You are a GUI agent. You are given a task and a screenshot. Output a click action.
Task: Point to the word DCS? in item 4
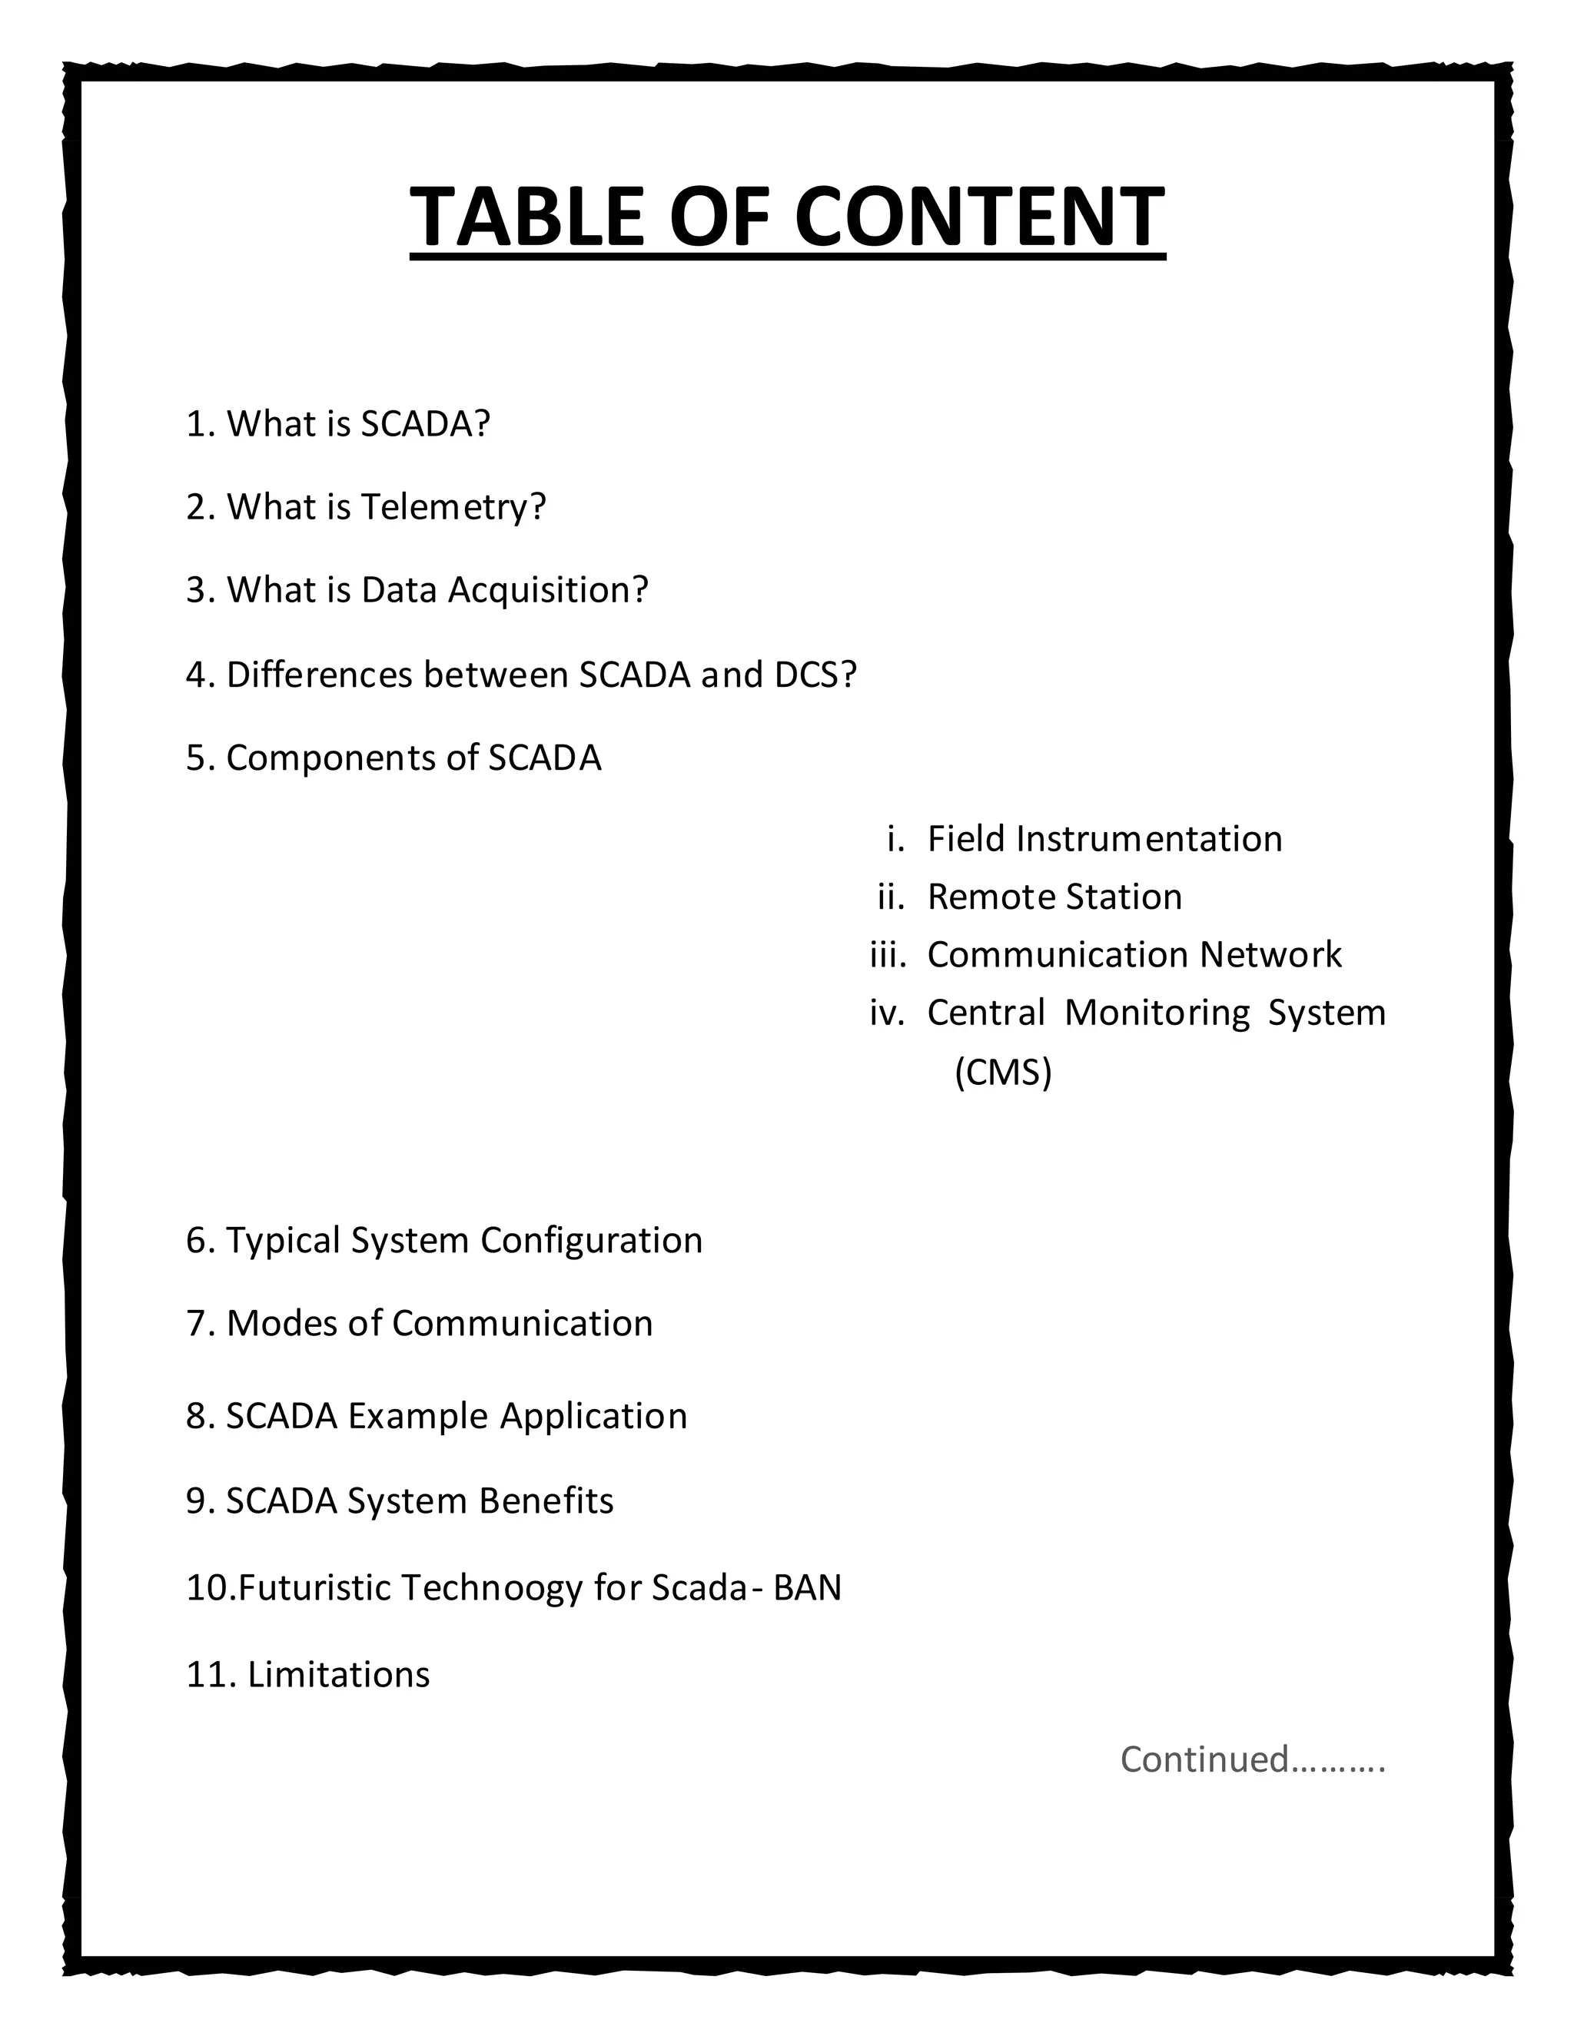tap(815, 674)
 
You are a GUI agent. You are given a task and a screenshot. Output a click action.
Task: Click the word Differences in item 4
tap(319, 674)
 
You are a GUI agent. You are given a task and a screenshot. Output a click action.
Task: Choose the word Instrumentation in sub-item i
tap(1149, 839)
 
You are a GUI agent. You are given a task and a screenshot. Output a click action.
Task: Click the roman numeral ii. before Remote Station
tap(892, 897)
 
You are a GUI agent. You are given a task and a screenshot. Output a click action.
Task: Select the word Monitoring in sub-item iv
tap(1156, 1013)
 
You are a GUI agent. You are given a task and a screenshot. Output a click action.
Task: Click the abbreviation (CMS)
tap(1002, 1072)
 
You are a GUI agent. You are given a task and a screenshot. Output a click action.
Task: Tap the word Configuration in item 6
tap(591, 1241)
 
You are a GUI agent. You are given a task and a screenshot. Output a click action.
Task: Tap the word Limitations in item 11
tap(338, 1674)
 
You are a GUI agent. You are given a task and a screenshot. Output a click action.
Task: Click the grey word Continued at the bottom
tap(1204, 1759)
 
